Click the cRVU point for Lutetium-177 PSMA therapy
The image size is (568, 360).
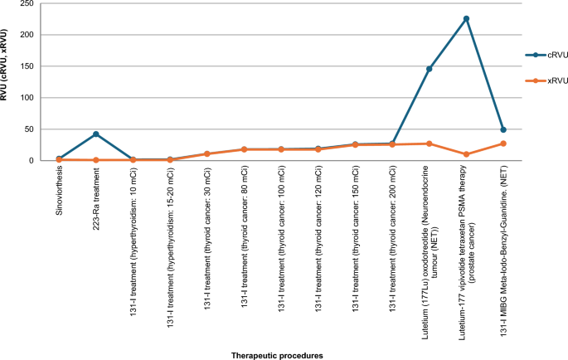tap(466, 18)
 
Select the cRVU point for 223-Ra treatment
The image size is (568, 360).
tap(96, 134)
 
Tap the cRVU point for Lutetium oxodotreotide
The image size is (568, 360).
tap(429, 69)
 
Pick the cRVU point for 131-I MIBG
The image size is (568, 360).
tap(503, 129)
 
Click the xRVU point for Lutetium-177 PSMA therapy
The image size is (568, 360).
tap(466, 154)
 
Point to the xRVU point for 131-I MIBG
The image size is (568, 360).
tap(503, 144)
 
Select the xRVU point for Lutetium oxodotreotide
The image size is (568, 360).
tap(429, 144)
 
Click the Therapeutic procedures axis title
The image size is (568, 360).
tap(276, 354)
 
